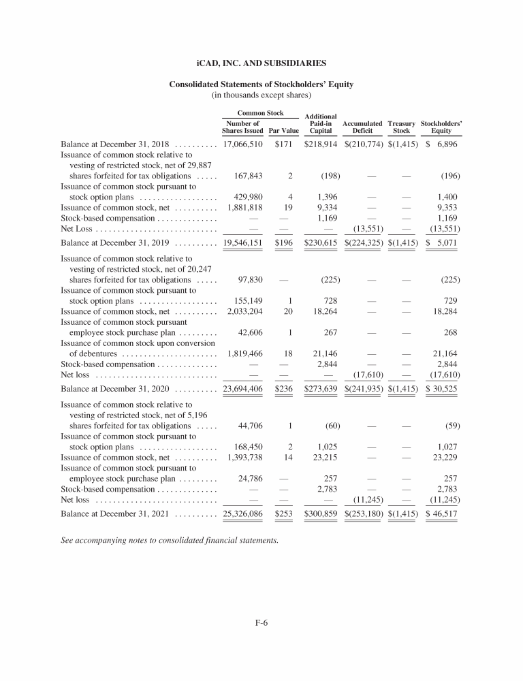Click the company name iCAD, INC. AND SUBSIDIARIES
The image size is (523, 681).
click(261, 63)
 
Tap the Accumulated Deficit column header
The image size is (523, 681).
click(362, 127)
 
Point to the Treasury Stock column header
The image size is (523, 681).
click(401, 127)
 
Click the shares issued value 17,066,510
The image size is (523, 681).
click(242, 145)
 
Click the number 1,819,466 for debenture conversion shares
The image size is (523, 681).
click(244, 354)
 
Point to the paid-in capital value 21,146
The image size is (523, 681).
click(326, 354)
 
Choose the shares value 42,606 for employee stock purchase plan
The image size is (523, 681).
click(249, 332)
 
